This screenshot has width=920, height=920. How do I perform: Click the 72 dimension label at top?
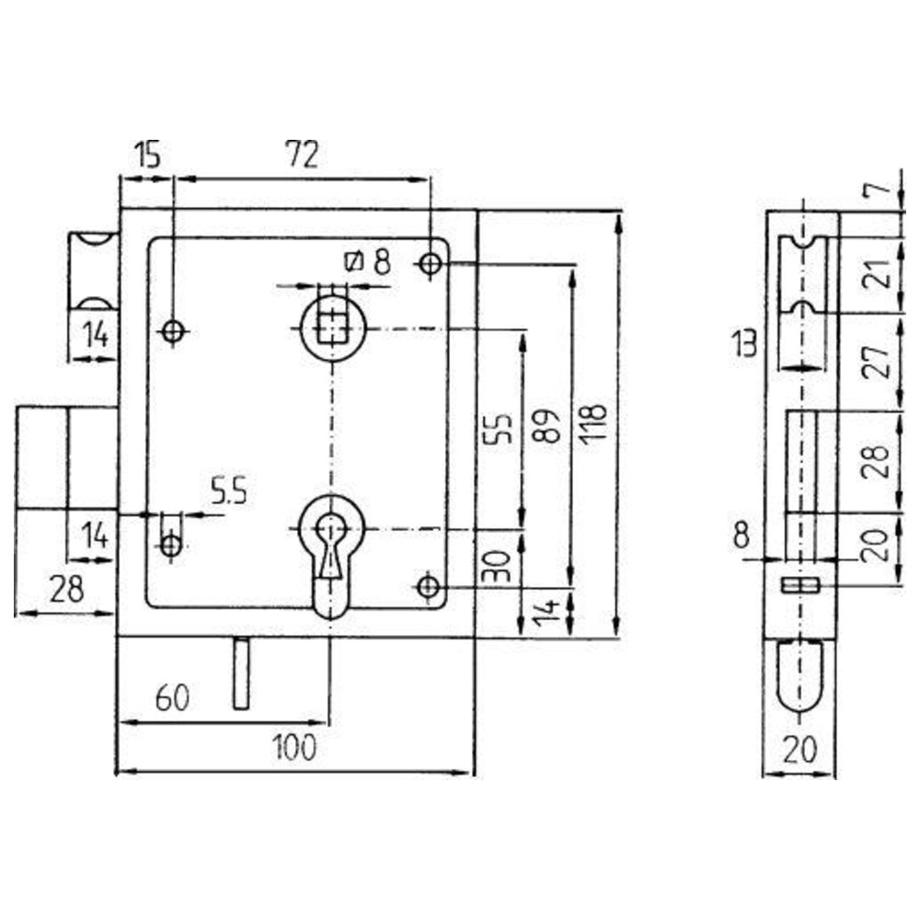pos(302,155)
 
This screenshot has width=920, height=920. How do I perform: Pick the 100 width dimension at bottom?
pos(295,747)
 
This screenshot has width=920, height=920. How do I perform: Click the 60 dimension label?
pos(173,698)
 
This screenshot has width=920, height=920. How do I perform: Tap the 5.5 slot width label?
pos(229,491)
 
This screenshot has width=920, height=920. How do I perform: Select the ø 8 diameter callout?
pos(369,261)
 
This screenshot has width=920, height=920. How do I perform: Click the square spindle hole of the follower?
pos(333,328)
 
